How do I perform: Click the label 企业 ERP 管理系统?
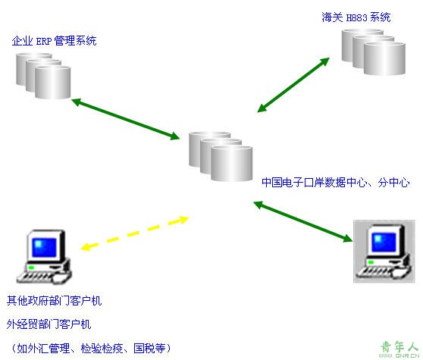click(55, 41)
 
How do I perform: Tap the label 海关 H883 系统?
click(356, 17)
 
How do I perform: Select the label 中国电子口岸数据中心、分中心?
click(336, 183)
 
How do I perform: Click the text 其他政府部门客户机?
click(55, 300)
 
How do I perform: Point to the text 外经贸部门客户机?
click(49, 324)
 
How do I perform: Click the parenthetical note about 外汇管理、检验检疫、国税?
click(91, 348)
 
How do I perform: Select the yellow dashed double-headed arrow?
click(135, 233)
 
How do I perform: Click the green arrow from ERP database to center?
click(126, 119)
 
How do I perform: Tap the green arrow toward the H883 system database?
click(293, 84)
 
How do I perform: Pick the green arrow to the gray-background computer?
click(303, 221)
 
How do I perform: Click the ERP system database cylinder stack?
click(43, 76)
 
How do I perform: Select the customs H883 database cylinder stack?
click(374, 52)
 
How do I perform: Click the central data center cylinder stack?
click(221, 156)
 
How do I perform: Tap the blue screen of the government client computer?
click(45, 247)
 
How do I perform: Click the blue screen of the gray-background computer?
click(384, 242)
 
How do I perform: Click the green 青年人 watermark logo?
click(399, 349)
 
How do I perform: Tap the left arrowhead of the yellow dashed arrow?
click(86, 246)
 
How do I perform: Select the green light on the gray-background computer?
click(371, 262)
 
